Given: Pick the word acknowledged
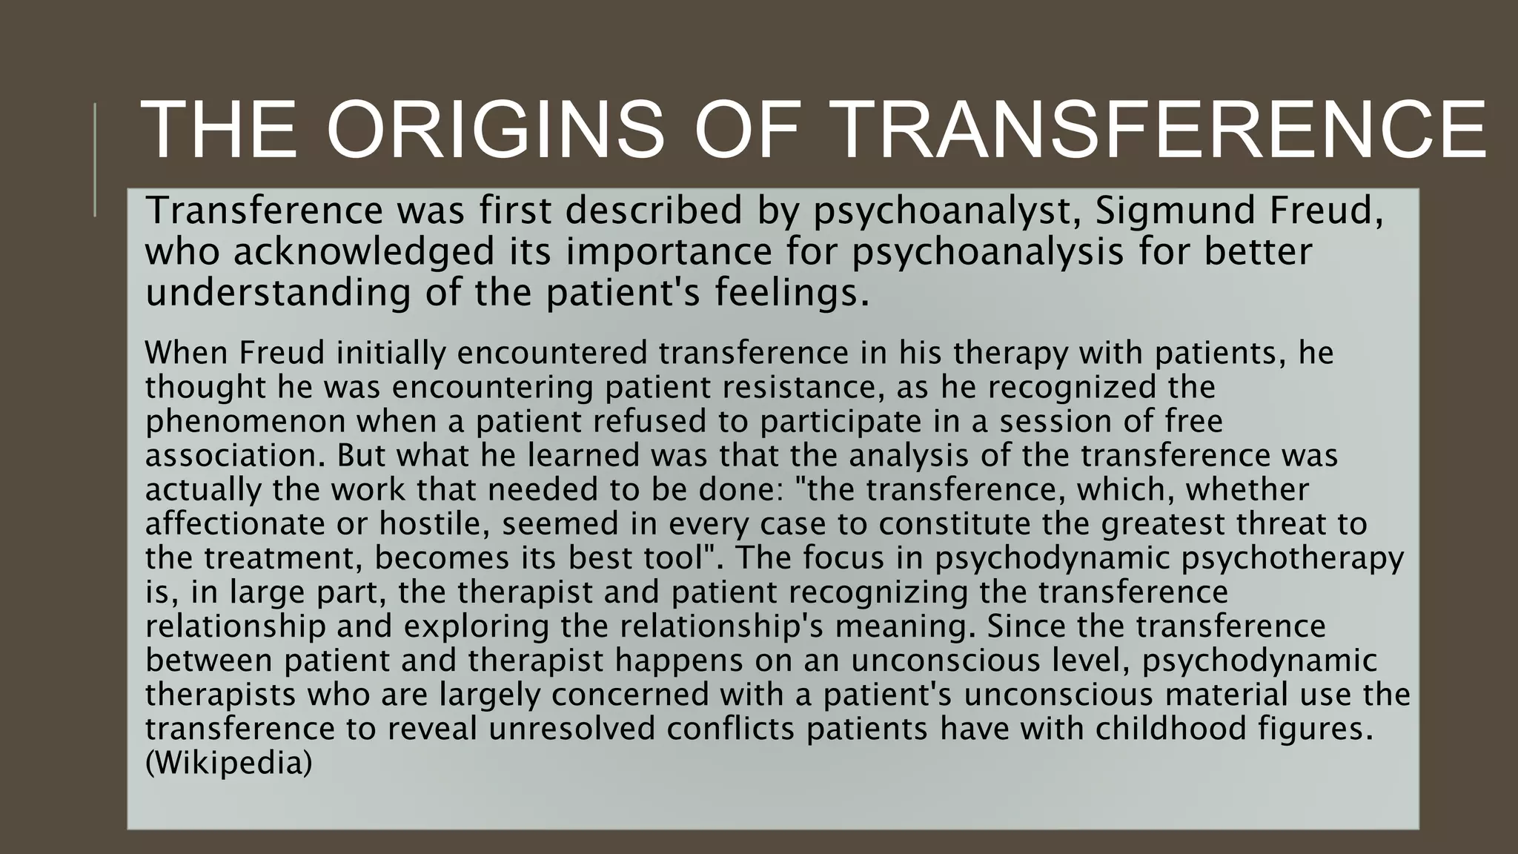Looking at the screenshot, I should pyautogui.click(x=363, y=252).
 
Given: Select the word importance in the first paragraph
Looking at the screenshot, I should pyautogui.click(x=669, y=252).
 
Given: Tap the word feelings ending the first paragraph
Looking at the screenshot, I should pyautogui.click(x=791, y=294).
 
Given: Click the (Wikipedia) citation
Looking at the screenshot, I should pyautogui.click(x=228, y=764).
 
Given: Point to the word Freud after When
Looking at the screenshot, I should pyautogui.click(x=282, y=353).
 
